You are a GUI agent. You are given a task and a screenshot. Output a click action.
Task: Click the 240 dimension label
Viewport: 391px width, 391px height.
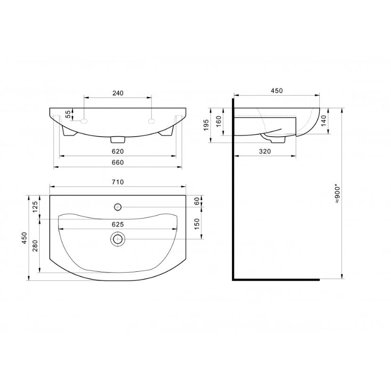117,93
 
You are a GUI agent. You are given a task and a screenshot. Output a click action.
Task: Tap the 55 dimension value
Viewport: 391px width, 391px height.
68,114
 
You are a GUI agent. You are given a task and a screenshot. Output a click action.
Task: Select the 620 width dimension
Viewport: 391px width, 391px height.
117,151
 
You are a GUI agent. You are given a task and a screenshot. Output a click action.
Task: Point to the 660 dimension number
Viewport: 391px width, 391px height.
117,163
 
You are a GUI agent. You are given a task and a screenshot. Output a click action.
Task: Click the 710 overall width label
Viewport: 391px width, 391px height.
117,182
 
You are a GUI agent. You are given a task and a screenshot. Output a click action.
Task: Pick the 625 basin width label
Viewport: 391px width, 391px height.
117,224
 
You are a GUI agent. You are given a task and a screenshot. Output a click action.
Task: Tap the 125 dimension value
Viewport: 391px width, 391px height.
35,206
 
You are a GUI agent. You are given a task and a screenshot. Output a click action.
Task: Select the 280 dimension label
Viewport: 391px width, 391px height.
35,245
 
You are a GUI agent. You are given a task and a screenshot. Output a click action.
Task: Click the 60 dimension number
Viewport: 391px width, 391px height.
197,201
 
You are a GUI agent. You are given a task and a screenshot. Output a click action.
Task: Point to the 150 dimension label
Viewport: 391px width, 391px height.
197,224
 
